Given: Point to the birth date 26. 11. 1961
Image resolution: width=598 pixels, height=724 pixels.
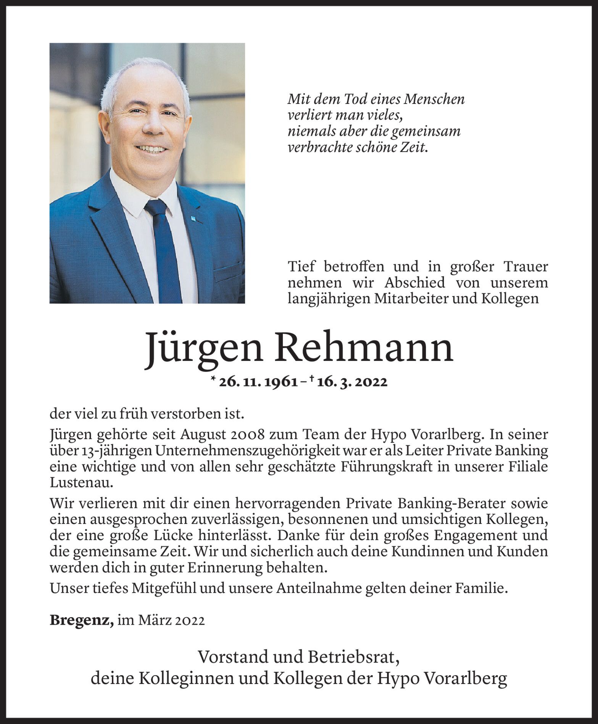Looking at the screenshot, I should click(258, 382).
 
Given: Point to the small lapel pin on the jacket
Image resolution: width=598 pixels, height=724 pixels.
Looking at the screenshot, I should click(193, 218).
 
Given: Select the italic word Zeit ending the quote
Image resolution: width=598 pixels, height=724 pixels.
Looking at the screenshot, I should click(413, 147).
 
